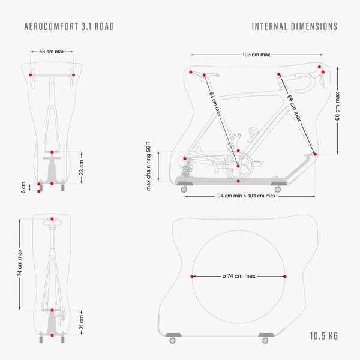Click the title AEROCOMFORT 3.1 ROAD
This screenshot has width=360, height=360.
point(69,26)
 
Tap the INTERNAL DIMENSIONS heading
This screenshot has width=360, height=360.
point(295,26)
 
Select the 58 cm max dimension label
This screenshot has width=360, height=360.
point(52,52)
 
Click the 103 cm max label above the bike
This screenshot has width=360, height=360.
point(256,55)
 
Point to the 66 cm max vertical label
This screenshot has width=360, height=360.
point(337,106)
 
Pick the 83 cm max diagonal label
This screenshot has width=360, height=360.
point(215,104)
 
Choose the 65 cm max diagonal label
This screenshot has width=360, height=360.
point(294,108)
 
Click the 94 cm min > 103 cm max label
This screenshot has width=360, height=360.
point(247,196)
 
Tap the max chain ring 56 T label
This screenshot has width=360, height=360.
point(149,166)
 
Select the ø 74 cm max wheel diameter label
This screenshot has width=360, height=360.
point(239,276)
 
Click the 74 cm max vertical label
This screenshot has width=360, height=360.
point(20,263)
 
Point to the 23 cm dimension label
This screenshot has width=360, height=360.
point(82,167)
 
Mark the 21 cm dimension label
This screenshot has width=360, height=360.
point(82,322)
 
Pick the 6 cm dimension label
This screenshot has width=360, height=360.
point(23,188)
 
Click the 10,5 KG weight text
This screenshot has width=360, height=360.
point(324,336)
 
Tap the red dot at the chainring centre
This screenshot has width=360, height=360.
point(238,166)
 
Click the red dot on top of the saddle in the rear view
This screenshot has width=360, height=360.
point(52,219)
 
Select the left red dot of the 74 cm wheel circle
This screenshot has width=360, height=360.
point(192,277)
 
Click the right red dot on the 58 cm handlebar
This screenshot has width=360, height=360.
point(73,75)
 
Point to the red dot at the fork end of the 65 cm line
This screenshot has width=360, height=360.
point(315,154)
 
